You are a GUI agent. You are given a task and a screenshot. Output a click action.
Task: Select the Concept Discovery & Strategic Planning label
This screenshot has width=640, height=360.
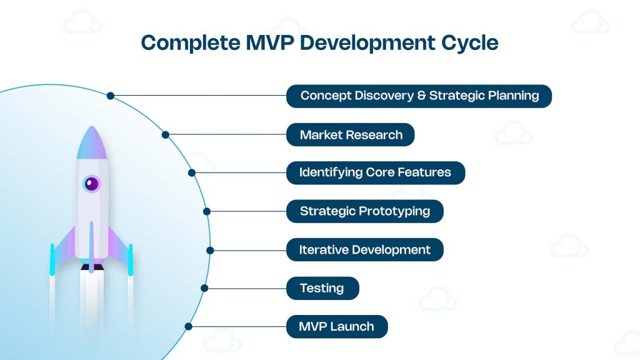tap(419, 96)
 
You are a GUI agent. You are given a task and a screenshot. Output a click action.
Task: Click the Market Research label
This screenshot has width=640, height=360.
tap(351, 135)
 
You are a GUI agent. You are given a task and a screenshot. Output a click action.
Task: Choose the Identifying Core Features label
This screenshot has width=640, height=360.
tap(375, 173)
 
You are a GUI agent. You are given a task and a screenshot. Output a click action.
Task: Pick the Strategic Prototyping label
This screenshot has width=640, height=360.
tap(365, 211)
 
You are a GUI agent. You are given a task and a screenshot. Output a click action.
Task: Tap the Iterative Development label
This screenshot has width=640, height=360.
tap(365, 250)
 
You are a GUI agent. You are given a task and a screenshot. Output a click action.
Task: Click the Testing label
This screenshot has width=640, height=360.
tap(322, 288)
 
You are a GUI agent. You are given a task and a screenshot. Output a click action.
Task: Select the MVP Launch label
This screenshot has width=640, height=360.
tap(336, 326)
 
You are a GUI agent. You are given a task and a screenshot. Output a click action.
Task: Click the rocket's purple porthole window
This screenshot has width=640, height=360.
tap(91, 184)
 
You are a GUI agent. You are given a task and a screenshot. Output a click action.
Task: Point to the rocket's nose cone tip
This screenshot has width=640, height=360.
tap(91, 129)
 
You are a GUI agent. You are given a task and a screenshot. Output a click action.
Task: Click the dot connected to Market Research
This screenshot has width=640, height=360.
tap(166, 134)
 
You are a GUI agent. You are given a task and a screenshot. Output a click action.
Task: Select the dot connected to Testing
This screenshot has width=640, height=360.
tap(204, 288)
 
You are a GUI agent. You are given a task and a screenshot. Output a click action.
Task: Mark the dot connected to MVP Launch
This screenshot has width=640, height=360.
tap(188, 326)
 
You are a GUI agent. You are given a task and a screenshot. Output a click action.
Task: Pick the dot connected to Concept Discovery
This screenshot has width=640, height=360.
tap(111, 96)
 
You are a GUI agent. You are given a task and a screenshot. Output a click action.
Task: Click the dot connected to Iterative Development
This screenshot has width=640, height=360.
tap(210, 250)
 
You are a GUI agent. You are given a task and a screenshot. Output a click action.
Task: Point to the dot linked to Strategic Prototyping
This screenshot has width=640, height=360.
tap(207, 211)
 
